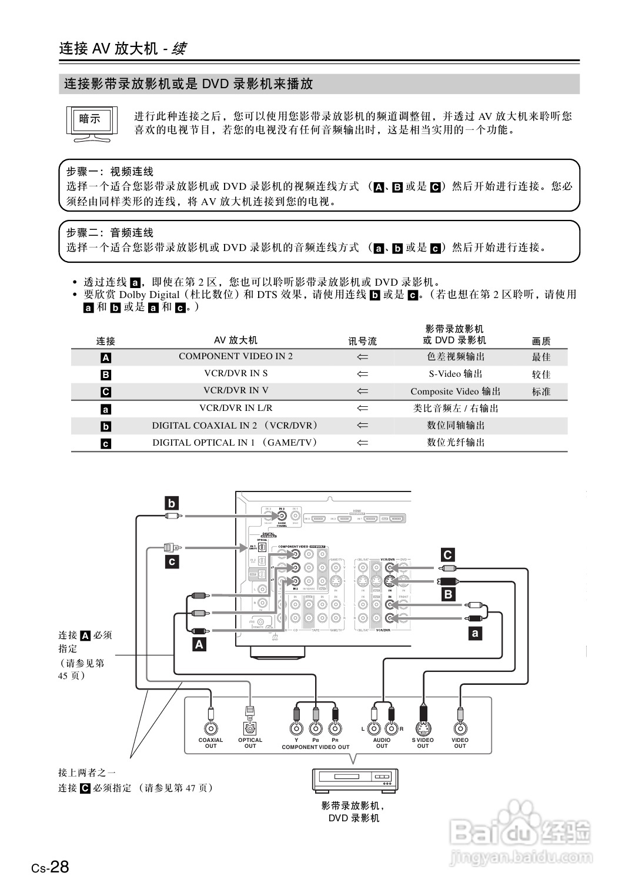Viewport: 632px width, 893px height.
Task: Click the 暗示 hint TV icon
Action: click(x=91, y=122)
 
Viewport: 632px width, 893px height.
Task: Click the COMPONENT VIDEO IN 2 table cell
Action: click(x=235, y=356)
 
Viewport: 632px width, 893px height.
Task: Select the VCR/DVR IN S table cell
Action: click(x=235, y=373)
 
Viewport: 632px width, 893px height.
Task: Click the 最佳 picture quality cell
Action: click(x=541, y=357)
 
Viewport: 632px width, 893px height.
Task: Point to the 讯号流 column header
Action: click(x=362, y=341)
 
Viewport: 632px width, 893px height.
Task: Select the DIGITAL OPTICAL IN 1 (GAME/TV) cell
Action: click(x=235, y=442)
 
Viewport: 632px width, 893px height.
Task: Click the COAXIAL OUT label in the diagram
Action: click(x=210, y=743)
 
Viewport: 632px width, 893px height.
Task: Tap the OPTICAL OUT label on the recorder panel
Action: click(x=250, y=743)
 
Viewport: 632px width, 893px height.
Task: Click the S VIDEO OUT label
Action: click(x=423, y=743)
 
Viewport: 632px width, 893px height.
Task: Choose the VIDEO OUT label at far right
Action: click(x=460, y=743)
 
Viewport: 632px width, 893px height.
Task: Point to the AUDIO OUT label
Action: click(x=382, y=743)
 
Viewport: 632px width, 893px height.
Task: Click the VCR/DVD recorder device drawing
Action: click(x=355, y=780)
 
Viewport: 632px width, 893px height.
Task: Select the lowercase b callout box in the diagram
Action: click(x=172, y=503)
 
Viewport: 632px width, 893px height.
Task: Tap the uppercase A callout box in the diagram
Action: click(x=199, y=644)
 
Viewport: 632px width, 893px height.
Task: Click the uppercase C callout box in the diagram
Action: click(x=448, y=555)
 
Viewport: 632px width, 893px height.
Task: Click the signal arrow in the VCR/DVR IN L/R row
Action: click(x=362, y=408)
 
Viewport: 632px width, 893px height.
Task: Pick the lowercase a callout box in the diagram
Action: click(x=475, y=633)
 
